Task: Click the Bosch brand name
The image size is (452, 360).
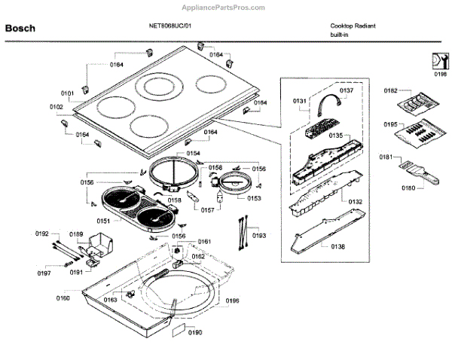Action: tap(20, 29)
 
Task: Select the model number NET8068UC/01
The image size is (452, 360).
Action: tap(170, 25)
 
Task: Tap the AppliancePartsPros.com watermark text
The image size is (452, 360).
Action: tap(226, 6)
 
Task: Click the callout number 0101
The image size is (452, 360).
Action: tap(67, 93)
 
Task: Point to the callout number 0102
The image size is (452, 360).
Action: tap(57, 107)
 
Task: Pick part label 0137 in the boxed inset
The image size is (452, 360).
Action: tap(346, 90)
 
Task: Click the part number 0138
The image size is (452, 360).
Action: tap(337, 246)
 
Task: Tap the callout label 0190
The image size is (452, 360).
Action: tap(195, 332)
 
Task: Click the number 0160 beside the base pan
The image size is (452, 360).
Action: tap(63, 298)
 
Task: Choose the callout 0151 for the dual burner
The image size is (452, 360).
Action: tap(103, 221)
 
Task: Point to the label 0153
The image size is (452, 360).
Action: tap(254, 198)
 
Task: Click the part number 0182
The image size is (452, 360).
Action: tap(390, 90)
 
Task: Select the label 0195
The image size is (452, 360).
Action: tap(390, 124)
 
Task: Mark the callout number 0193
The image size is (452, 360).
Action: tap(259, 236)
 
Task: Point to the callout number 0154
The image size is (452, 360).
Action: tap(194, 153)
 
